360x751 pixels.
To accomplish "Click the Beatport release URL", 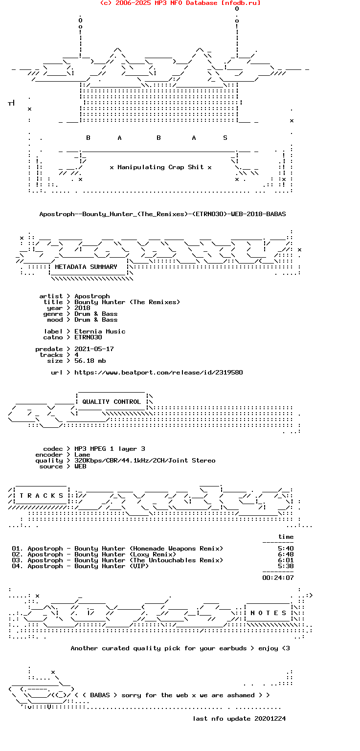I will point(158,373).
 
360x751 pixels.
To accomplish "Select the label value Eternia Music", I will point(100,331).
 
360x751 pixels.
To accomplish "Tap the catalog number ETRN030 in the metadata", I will point(88,337).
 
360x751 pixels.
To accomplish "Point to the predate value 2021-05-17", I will point(94,349).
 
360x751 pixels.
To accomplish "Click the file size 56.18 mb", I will point(90,361).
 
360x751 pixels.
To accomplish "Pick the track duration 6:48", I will point(286,554).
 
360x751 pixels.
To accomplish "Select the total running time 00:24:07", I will point(278,578).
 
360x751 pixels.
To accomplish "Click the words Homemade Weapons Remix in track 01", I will point(176,549).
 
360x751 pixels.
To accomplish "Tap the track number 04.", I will point(18,566).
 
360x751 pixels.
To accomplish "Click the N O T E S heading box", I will point(269,613).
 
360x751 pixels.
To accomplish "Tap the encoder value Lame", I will point(82,455).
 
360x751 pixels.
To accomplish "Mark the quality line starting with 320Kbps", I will point(145,461).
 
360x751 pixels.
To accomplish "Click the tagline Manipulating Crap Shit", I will point(160,167).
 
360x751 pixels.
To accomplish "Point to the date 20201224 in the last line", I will point(270,719).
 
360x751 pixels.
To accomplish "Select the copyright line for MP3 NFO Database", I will point(180,3).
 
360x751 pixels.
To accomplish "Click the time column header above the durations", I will point(286,537).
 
